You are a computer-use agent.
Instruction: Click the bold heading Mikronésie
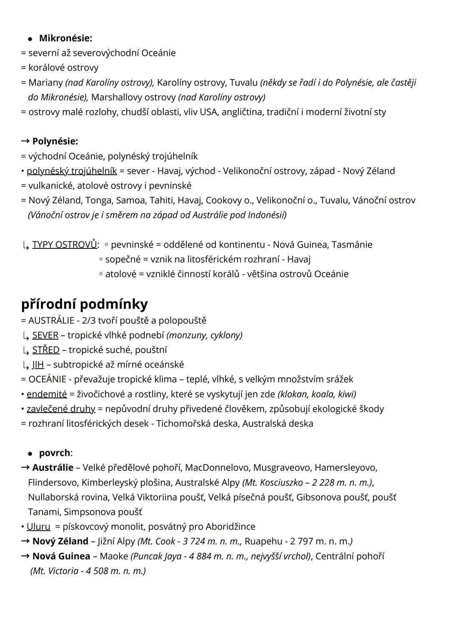tap(65, 38)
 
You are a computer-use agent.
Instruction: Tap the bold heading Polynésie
tap(55, 141)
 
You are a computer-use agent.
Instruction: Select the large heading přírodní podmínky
tap(84, 304)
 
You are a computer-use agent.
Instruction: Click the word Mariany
tap(45, 83)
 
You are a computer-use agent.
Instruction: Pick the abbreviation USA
tap(208, 112)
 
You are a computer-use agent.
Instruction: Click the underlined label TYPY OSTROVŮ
tap(65, 245)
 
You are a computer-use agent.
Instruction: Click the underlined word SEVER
tap(45, 335)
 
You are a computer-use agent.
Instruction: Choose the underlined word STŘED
tap(46, 350)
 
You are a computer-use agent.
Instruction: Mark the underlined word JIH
tap(38, 365)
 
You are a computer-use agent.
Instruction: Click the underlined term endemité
tap(47, 394)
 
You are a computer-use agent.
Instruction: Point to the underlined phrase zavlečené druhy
tap(61, 409)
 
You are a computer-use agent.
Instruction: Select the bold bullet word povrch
tap(55, 453)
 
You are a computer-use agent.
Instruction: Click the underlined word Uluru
tap(38, 526)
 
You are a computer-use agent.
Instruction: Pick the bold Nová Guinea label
tap(61, 556)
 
